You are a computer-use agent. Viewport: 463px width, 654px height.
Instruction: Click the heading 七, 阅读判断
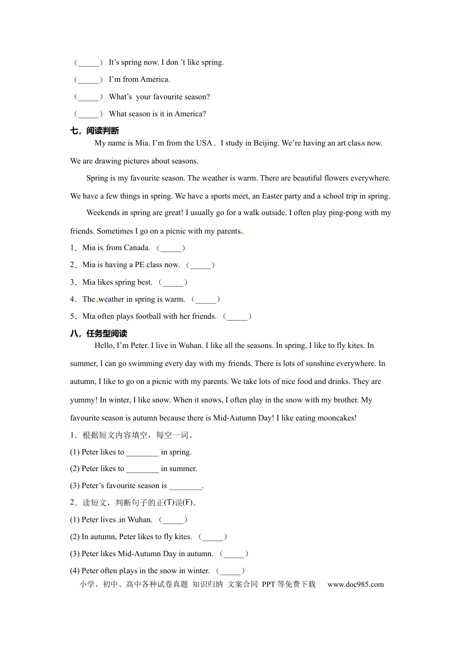coord(95,130)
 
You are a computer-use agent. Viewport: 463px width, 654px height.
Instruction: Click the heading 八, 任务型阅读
coord(98,333)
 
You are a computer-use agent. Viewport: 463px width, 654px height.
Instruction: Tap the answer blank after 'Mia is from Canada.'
coord(171,248)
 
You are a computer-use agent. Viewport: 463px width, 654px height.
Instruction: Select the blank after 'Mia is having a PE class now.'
coord(200,265)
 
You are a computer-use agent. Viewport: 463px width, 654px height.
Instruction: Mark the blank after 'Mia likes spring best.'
coord(173,283)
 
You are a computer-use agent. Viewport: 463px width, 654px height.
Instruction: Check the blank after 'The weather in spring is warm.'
coord(206,300)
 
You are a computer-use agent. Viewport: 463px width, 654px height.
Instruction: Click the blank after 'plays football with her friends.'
coord(237,317)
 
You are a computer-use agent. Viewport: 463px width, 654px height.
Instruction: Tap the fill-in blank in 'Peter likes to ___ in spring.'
coord(142,453)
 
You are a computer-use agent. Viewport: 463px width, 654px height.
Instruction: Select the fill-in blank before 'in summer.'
coord(142,469)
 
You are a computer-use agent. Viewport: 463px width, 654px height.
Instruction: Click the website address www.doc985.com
coord(355,584)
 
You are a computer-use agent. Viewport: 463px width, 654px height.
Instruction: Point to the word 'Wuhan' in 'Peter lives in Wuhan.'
coord(140,520)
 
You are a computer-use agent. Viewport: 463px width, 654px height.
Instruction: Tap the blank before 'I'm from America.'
coord(88,80)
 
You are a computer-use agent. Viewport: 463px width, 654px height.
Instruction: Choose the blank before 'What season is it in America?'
coord(88,114)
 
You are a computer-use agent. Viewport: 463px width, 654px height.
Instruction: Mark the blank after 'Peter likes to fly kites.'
coord(213,537)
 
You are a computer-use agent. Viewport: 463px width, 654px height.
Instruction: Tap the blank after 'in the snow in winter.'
coord(231,571)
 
